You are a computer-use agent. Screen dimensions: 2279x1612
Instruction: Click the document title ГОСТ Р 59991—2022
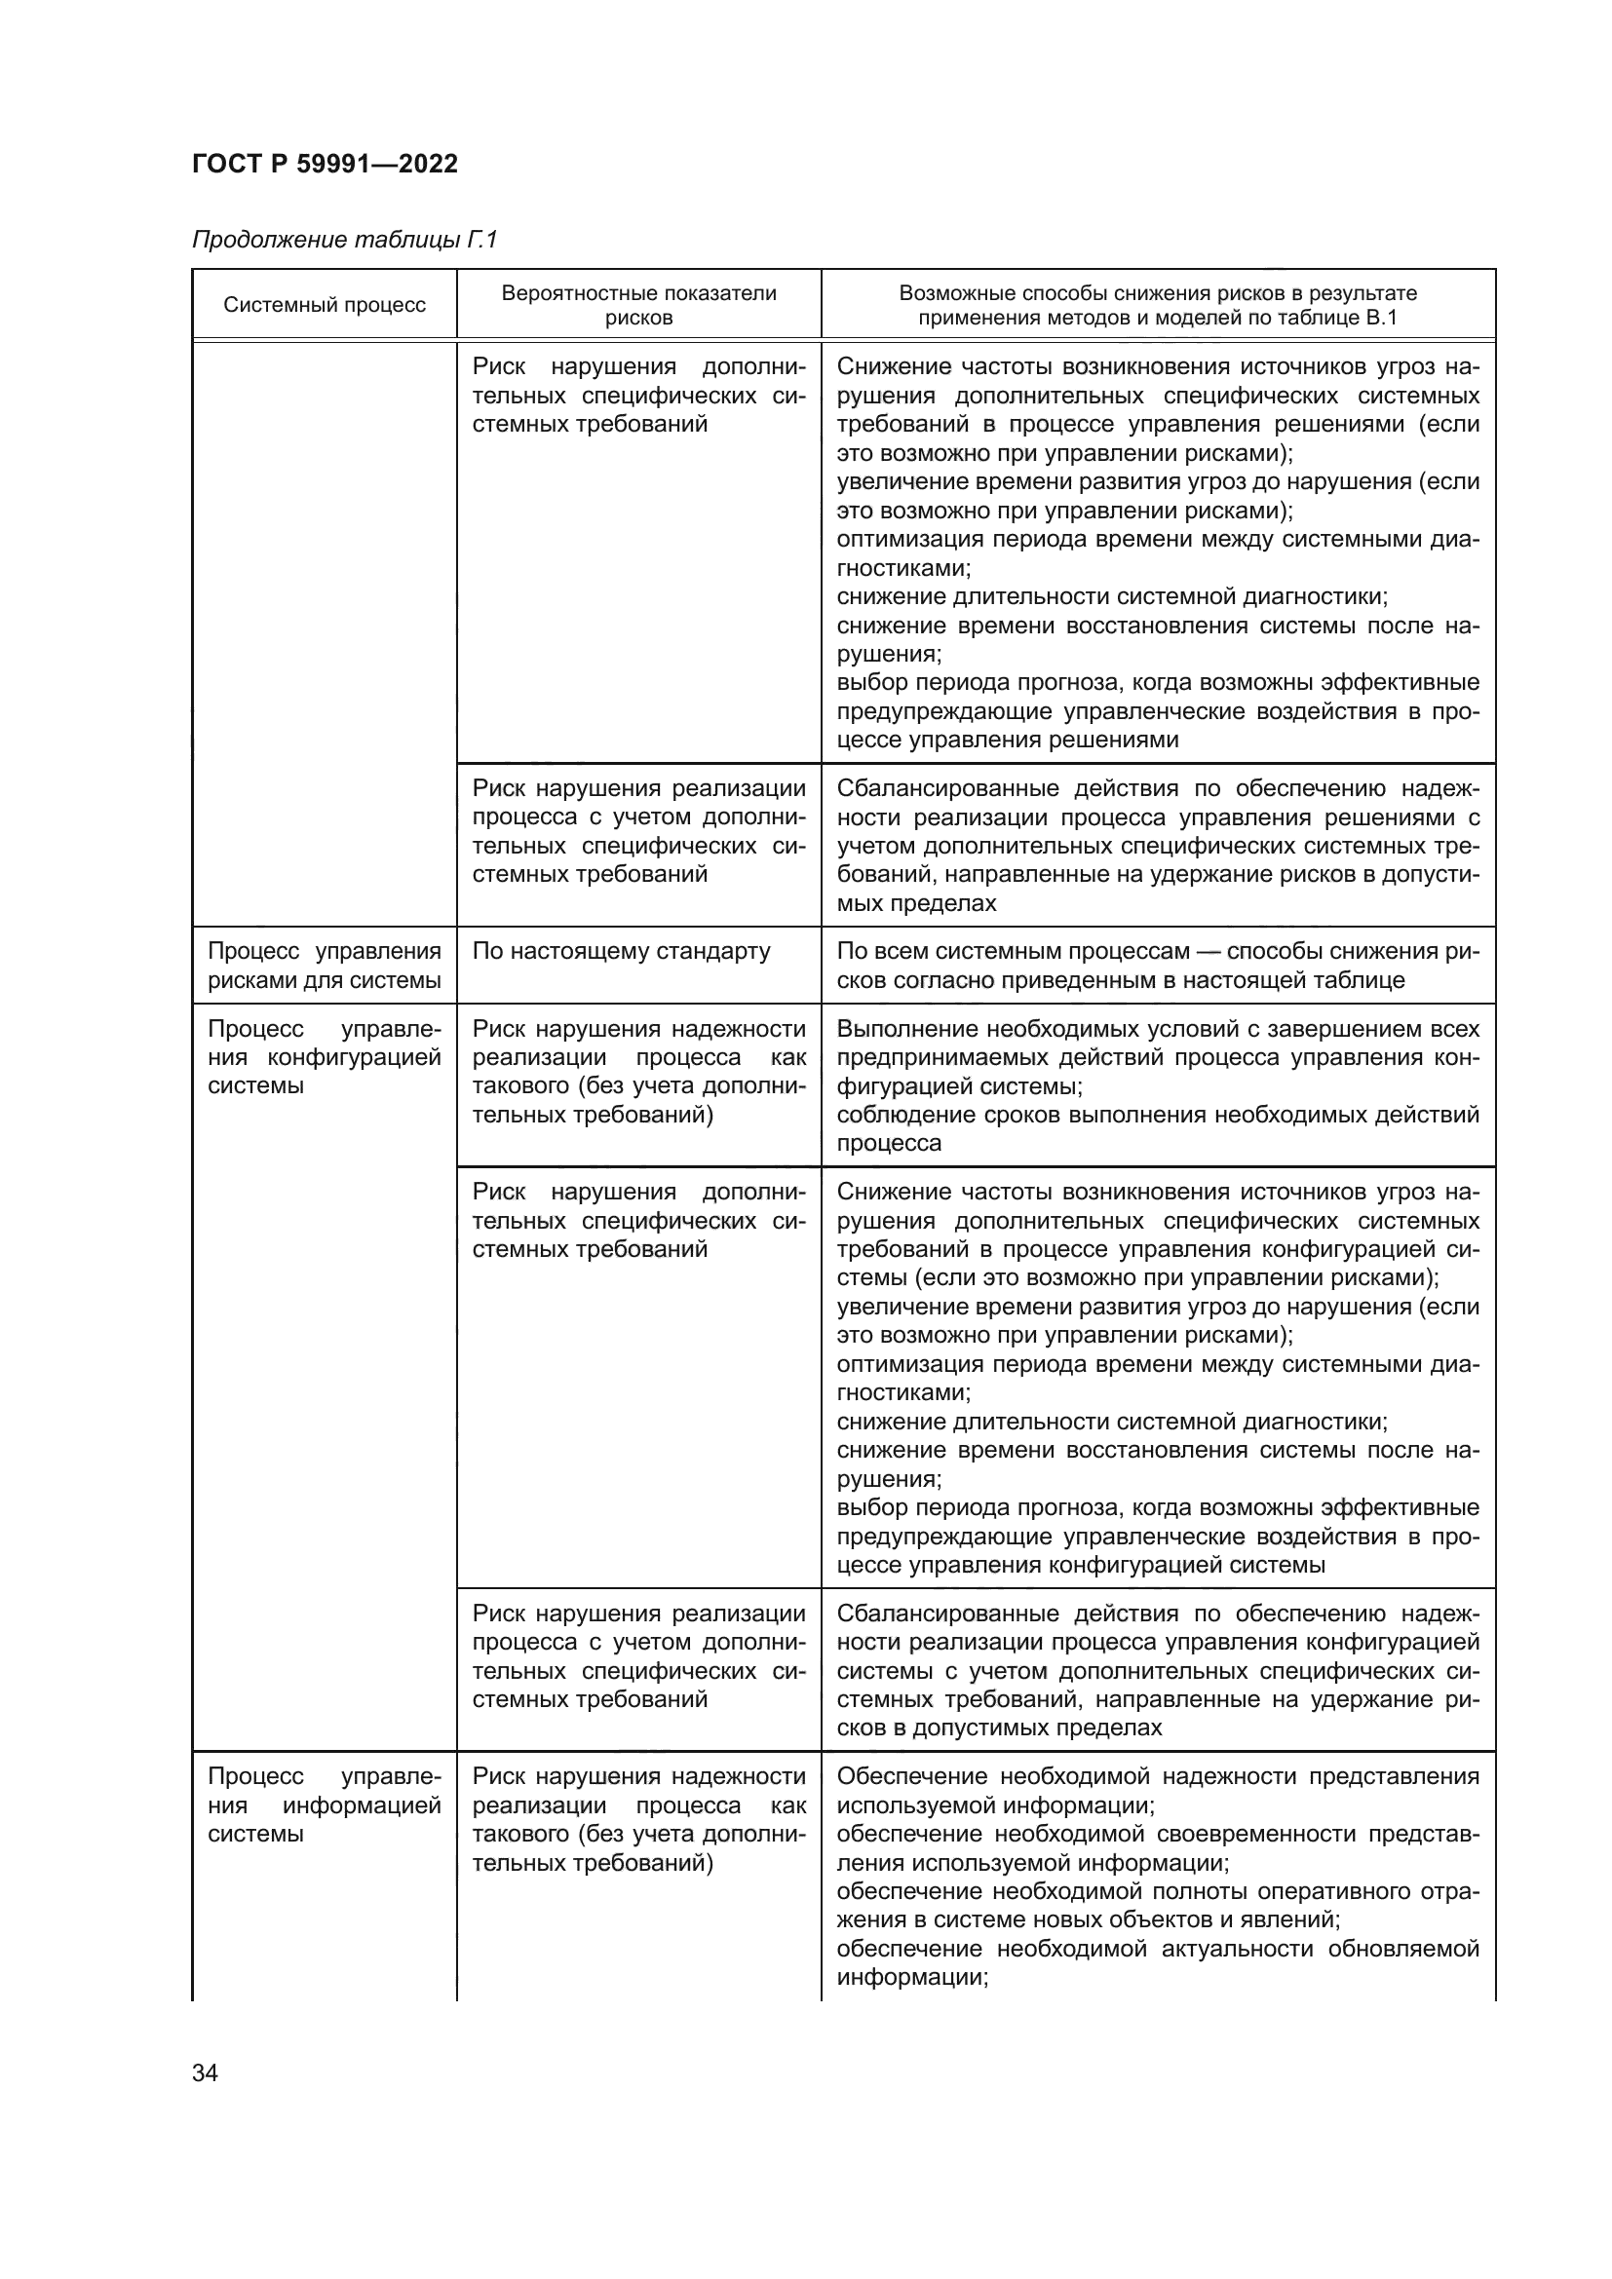(325, 164)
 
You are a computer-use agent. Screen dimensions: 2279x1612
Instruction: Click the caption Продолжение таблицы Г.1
(343, 241)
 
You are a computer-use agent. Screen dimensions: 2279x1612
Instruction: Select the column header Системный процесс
(324, 305)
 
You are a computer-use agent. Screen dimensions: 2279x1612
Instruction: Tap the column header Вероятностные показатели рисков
(638, 305)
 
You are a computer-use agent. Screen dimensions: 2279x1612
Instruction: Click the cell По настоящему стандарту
(621, 951)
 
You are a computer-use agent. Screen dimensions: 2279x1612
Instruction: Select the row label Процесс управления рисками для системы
(324, 965)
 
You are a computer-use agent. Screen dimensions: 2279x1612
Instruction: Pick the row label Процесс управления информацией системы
(324, 1804)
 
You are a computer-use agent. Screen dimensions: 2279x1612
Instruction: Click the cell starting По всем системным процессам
(1158, 965)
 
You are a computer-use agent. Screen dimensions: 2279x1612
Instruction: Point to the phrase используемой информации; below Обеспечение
(995, 1804)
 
